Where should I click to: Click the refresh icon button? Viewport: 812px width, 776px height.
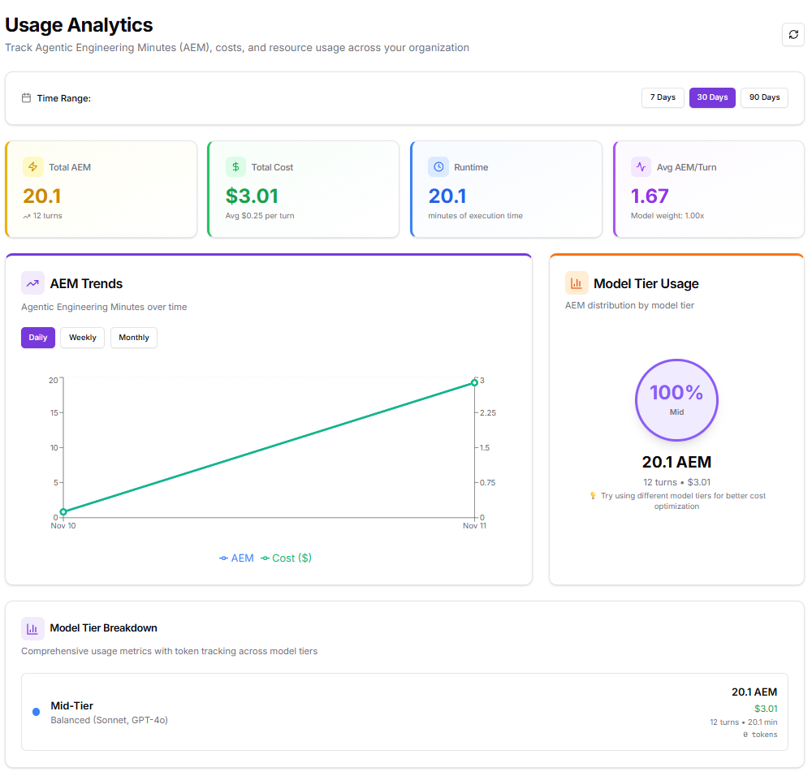pos(793,35)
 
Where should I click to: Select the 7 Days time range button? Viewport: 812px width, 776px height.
pos(663,97)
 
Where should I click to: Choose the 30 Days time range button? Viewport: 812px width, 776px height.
pos(712,97)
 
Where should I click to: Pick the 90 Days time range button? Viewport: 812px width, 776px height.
pos(764,97)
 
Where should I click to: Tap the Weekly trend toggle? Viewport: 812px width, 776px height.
pos(82,338)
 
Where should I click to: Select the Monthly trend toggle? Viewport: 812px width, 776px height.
pos(134,338)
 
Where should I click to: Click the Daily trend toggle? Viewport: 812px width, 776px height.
pos(38,338)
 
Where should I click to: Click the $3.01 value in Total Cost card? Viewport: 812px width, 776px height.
pos(252,196)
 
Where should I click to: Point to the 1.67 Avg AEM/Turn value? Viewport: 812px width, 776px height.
pos(650,196)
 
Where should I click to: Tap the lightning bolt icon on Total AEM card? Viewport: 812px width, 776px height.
pos(33,167)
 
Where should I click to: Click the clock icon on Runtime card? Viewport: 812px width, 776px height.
pos(438,167)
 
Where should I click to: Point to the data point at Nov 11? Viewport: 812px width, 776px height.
pos(474,382)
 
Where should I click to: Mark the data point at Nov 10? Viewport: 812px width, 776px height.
pos(63,512)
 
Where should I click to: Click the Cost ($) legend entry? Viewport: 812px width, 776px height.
pos(287,558)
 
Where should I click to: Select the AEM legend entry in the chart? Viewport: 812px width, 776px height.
pos(237,558)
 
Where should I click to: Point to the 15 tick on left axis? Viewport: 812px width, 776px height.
pos(53,413)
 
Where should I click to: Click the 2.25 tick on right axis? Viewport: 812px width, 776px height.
pos(487,413)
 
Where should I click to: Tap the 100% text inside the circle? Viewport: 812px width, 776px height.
pos(676,393)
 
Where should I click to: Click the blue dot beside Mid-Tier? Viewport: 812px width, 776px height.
pos(36,712)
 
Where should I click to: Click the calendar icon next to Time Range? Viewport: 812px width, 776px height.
pos(27,98)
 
